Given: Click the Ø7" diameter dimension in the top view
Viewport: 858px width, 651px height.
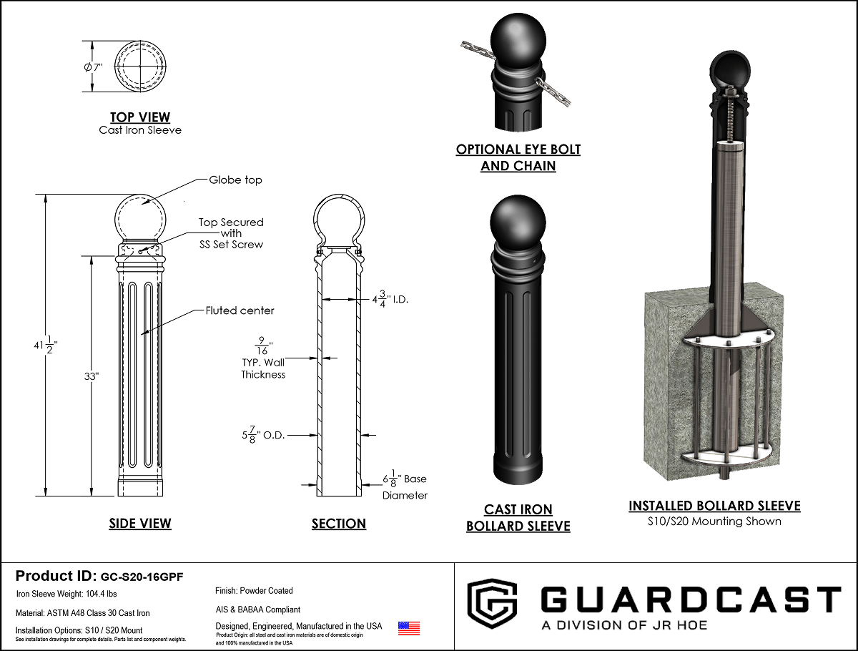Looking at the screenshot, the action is [x=93, y=67].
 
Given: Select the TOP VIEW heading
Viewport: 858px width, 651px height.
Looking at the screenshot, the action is [x=140, y=117].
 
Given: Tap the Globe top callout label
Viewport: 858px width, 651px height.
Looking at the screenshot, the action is [x=235, y=180].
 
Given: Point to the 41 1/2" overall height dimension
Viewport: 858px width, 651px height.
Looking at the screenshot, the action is [x=46, y=345].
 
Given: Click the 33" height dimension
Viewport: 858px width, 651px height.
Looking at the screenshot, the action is [x=92, y=376].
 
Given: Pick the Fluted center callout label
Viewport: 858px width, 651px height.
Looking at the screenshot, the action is [x=240, y=310].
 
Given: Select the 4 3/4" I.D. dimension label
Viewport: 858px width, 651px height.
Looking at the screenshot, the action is [x=390, y=299].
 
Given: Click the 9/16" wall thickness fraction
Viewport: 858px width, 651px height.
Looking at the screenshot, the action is [x=263, y=346].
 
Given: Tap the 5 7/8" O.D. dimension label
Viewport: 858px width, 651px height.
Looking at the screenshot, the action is [x=263, y=435].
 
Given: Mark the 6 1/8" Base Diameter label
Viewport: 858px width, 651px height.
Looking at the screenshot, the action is [x=405, y=486].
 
